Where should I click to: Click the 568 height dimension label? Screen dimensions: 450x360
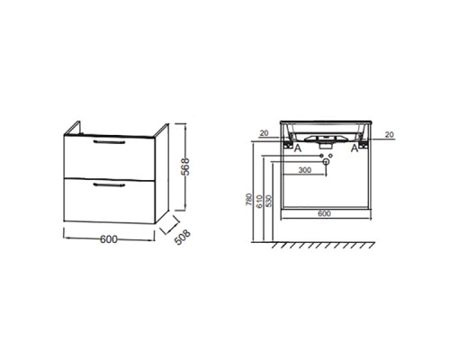(x=186, y=166)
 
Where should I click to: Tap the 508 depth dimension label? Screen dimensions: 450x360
(x=182, y=238)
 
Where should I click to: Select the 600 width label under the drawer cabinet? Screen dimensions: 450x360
(x=109, y=239)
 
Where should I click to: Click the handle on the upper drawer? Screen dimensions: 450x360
(x=109, y=142)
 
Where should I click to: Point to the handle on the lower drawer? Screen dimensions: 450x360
(x=109, y=184)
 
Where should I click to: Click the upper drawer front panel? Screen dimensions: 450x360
(x=110, y=157)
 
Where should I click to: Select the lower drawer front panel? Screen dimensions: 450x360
(x=110, y=201)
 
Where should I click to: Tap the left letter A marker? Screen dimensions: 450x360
(x=297, y=148)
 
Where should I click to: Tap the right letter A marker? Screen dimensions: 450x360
(x=355, y=148)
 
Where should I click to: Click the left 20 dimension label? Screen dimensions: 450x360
(x=264, y=133)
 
